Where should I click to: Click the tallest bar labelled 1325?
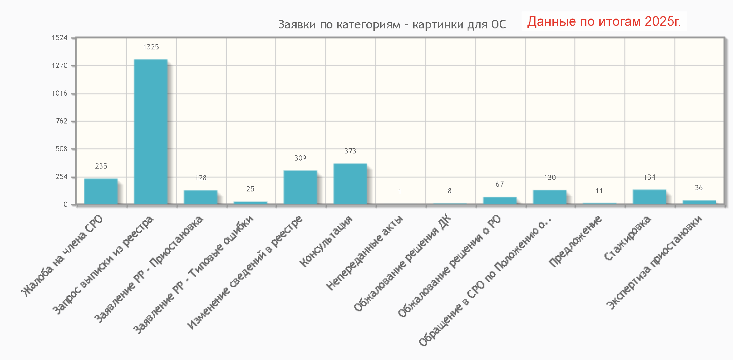point(151,132)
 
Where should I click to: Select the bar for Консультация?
point(350,184)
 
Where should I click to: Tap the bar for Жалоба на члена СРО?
point(101,191)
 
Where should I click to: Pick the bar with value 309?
point(300,187)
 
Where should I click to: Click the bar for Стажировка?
point(649,197)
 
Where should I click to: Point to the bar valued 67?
point(500,200)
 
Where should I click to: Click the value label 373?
point(350,151)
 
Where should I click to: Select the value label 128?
point(201,178)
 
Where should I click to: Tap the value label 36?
point(698,188)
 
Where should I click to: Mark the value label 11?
point(599,190)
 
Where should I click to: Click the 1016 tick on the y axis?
point(60,93)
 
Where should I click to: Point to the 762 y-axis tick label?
point(61,121)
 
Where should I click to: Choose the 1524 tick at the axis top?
point(60,38)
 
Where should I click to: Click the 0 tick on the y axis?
point(65,204)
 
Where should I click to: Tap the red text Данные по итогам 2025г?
point(604,21)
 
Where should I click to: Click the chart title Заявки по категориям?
point(392,24)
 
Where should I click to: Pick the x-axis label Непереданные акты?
point(364,253)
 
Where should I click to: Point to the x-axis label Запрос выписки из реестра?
point(103,265)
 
